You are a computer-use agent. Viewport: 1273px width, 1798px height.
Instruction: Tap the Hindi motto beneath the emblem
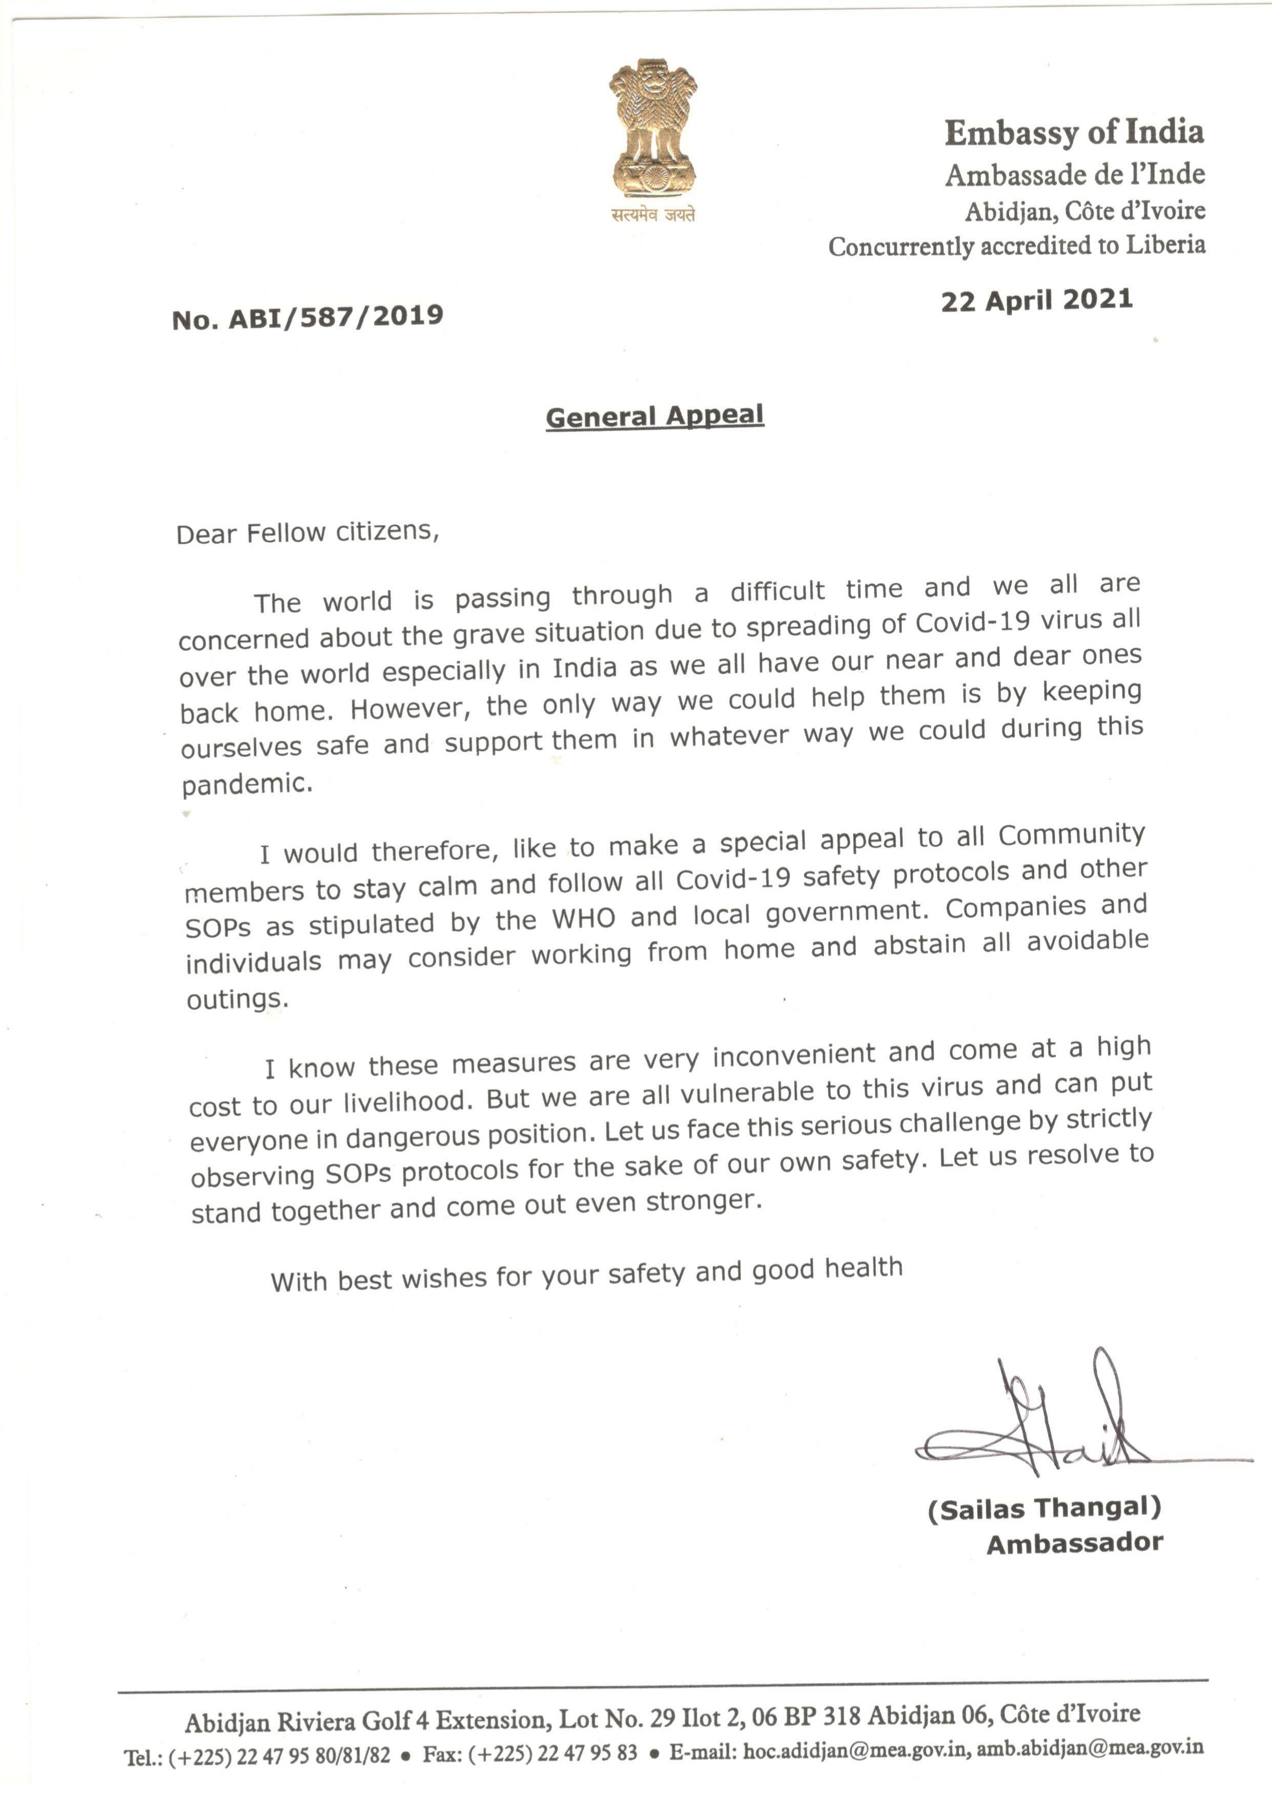coord(654,215)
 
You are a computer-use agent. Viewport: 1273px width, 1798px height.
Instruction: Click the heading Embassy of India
coord(1074,133)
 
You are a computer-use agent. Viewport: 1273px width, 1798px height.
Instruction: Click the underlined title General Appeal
coord(654,416)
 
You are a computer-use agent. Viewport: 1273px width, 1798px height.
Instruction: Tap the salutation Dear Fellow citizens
coord(307,533)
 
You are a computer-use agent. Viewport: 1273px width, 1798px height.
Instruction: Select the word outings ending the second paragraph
coord(236,999)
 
